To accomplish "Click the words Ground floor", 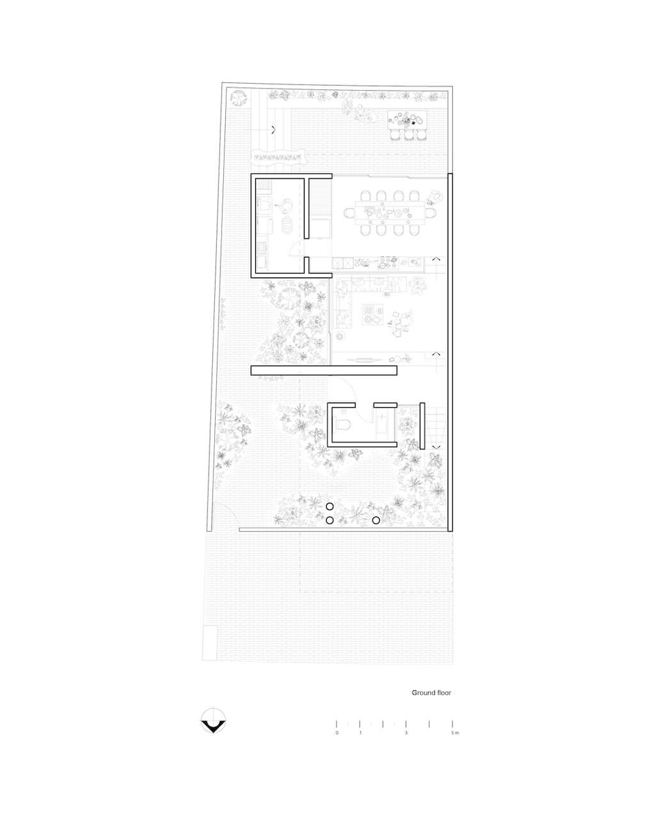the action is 431,693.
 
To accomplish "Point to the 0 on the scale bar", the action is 337,733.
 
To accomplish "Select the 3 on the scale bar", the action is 406,733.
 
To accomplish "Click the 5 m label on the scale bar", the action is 455,733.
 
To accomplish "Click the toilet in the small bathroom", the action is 341,424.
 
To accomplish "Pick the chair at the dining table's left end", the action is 349,213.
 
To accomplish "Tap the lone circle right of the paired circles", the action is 376,520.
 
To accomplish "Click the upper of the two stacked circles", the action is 330,506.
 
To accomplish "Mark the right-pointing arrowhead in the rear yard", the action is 274,130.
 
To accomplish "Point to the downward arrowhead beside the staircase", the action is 436,447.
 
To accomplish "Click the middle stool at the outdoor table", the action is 409,136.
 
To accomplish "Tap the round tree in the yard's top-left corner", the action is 239,98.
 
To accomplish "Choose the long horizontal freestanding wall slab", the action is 324,371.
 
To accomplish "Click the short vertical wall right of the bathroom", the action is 422,426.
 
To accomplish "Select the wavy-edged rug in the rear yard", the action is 279,157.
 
